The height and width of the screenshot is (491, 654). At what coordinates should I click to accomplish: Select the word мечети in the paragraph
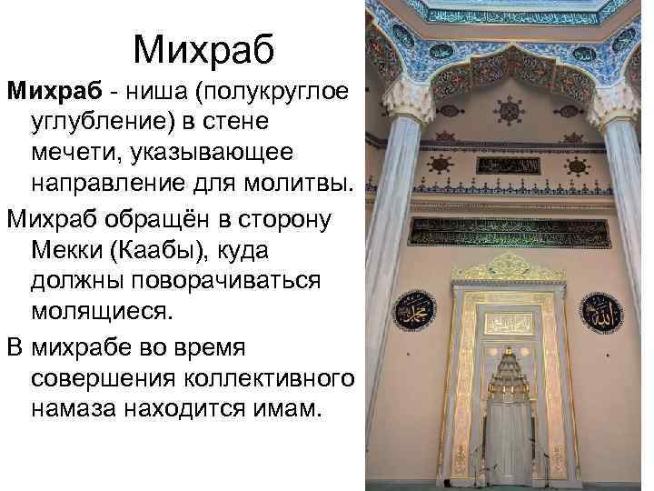[76, 155]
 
